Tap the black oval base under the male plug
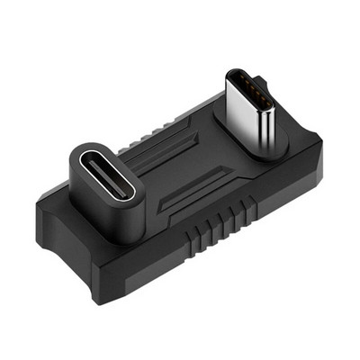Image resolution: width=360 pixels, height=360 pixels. click(270, 148)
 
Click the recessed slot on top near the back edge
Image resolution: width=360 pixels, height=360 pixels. click(184, 126)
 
